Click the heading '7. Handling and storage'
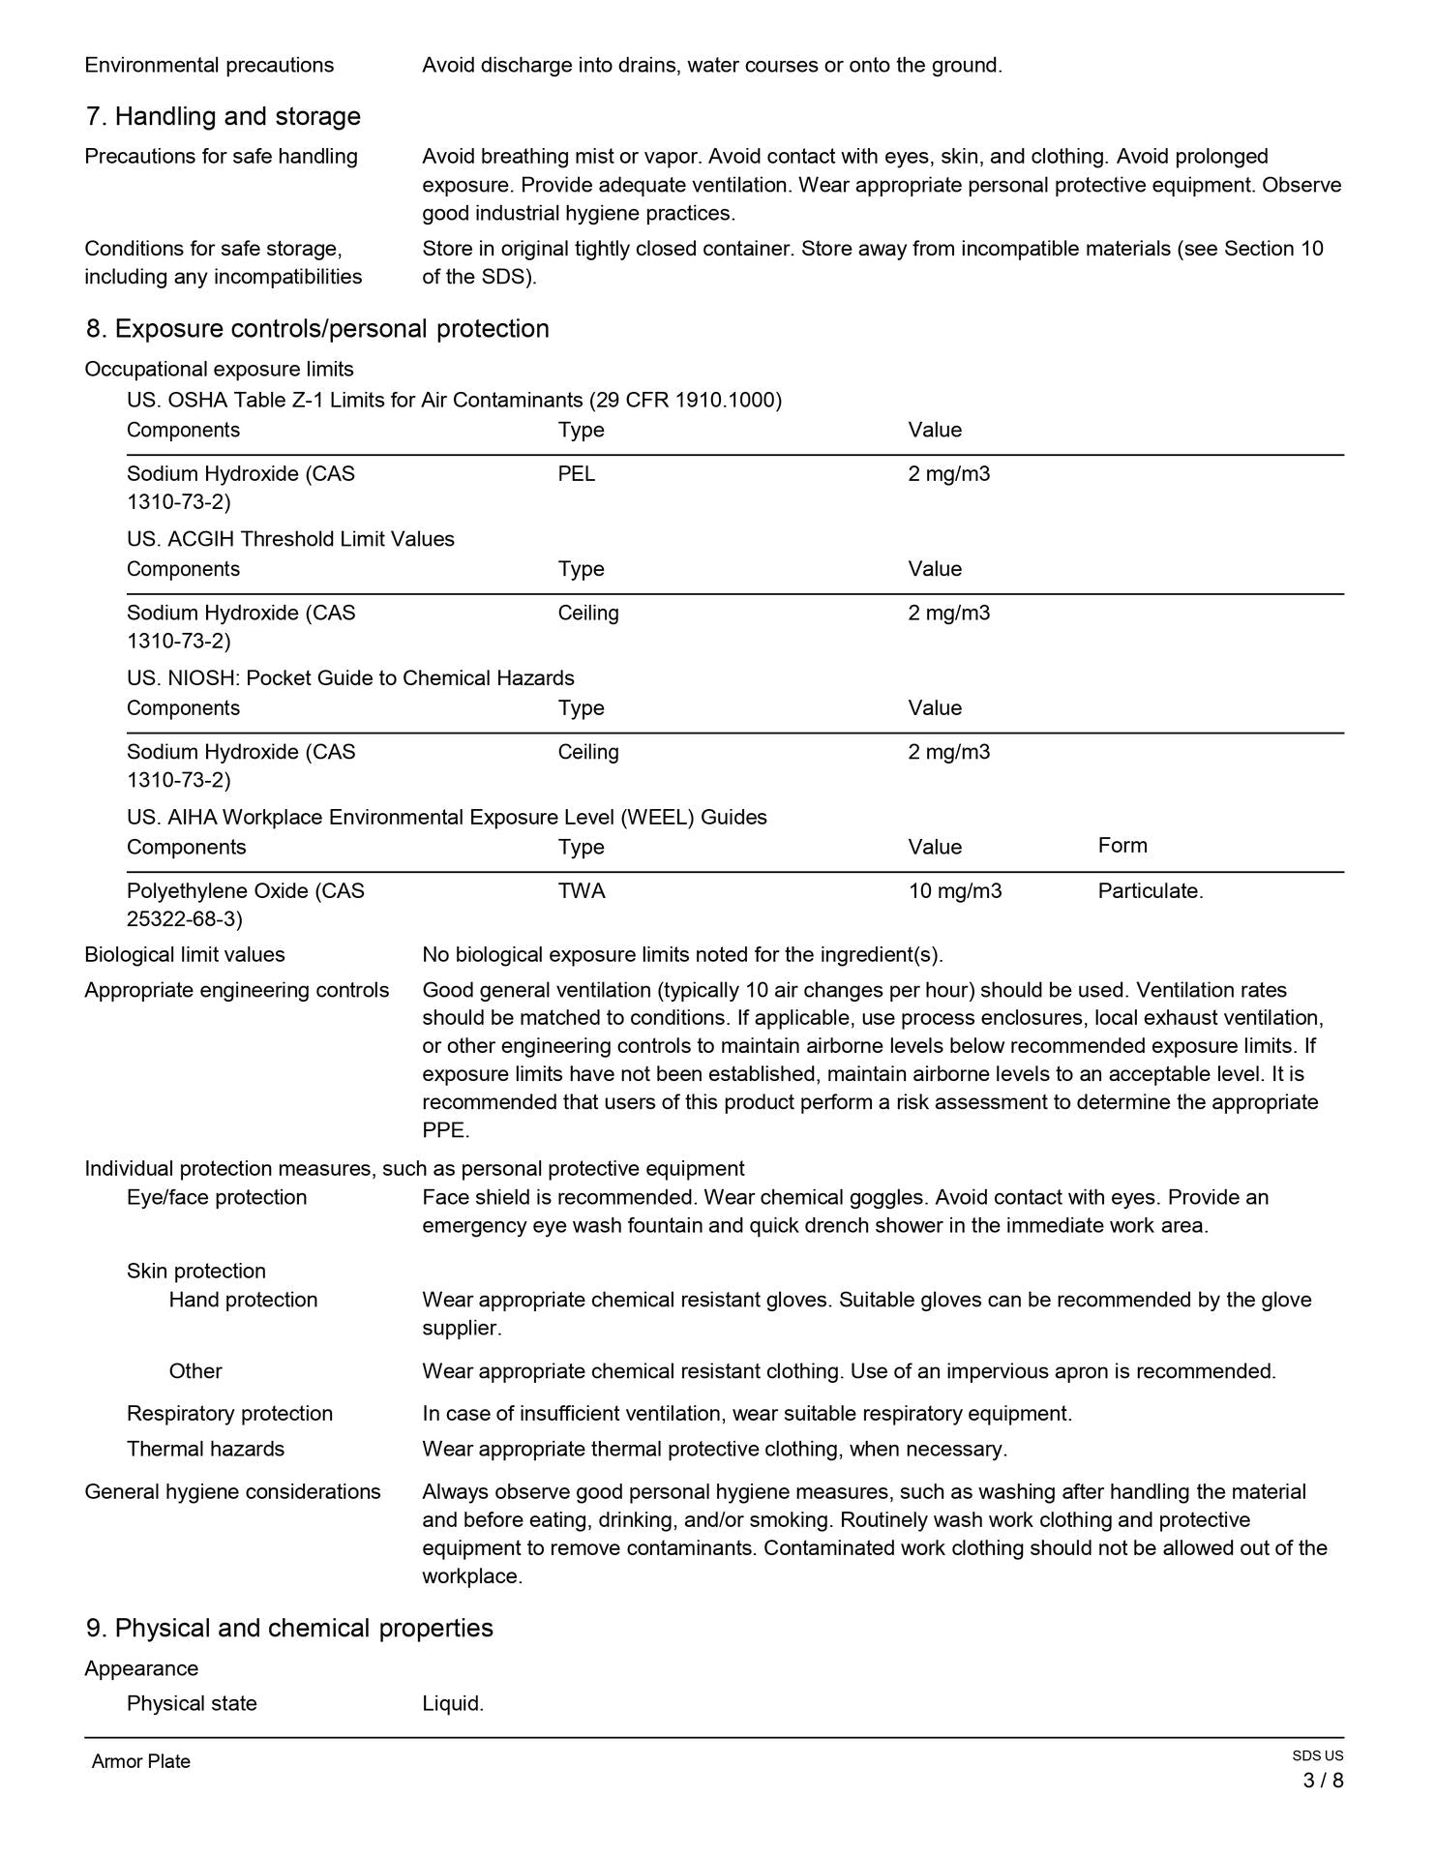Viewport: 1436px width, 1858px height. (223, 117)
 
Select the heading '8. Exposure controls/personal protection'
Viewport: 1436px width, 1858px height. (317, 329)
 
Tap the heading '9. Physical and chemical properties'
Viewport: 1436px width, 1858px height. (289, 1629)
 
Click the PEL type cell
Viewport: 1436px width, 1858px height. (577, 474)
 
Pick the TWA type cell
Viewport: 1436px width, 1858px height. (582, 891)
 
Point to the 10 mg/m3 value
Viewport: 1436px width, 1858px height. (955, 891)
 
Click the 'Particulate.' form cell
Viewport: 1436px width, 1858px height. (1151, 891)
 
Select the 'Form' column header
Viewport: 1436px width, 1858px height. (1122, 846)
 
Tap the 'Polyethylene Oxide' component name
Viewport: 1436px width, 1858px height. (220, 891)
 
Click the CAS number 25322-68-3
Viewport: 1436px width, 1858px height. (185, 918)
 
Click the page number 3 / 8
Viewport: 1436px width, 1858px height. (1323, 1781)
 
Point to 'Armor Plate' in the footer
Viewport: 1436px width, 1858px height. (141, 1762)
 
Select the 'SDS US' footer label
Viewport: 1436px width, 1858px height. (1317, 1756)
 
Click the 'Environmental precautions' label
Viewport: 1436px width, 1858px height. (209, 66)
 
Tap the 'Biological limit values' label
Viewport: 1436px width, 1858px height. (185, 955)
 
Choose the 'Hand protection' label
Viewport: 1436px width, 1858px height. (243, 1300)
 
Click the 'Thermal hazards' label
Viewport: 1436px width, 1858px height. (205, 1449)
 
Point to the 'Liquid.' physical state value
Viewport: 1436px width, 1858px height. (453, 1704)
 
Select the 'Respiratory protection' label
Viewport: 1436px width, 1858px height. (229, 1414)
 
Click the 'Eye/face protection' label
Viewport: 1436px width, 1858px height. (217, 1198)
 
